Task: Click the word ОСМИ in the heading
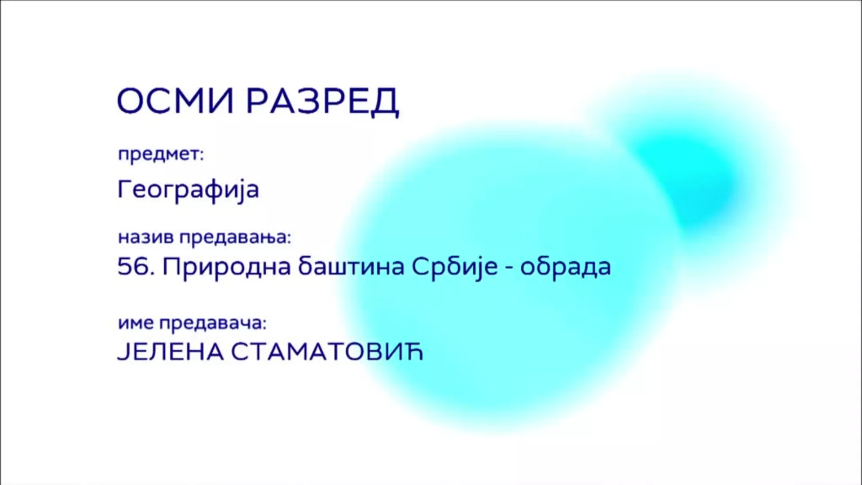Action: coord(176,101)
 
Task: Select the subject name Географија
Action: coord(188,190)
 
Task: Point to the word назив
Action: coord(145,237)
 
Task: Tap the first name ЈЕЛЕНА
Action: coord(170,352)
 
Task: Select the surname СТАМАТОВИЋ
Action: coord(327,352)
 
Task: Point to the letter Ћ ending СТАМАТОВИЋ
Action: coord(414,352)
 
